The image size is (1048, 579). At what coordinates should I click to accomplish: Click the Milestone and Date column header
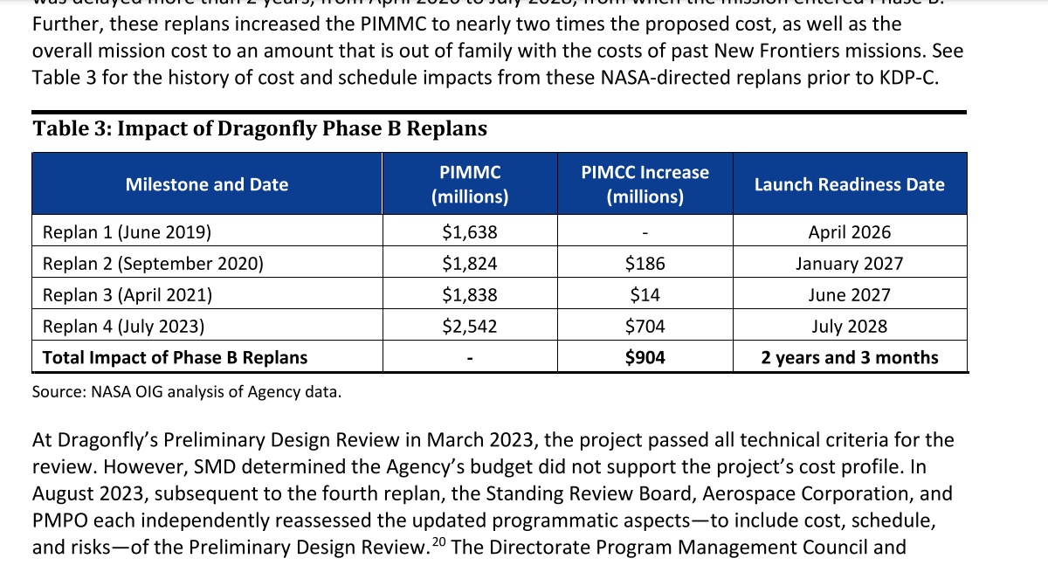(207, 184)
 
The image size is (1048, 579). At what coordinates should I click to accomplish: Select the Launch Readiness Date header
(849, 184)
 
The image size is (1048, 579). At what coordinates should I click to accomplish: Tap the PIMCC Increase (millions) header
(645, 184)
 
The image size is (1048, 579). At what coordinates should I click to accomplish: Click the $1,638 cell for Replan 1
(470, 232)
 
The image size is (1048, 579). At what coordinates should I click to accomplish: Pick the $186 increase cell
(645, 264)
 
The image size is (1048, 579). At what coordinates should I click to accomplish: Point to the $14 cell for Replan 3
(645, 295)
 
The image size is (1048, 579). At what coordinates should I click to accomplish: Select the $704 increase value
(645, 327)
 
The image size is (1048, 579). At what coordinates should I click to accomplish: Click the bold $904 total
(645, 357)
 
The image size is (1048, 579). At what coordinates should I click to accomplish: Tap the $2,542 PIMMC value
(470, 327)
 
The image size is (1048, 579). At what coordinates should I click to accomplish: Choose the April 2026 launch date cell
(849, 232)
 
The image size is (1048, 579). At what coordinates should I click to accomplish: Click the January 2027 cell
(849, 264)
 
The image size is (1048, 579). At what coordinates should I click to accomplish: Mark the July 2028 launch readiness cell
(849, 327)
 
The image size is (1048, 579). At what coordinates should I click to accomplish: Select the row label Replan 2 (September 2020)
(153, 264)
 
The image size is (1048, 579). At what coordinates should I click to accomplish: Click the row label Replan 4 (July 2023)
(123, 327)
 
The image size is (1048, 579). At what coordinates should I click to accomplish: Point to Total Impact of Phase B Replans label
(175, 357)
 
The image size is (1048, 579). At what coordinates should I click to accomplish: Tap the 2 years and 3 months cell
(849, 357)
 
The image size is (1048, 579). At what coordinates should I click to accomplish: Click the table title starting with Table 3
(259, 129)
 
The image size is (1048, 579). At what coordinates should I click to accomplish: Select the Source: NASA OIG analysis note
(186, 392)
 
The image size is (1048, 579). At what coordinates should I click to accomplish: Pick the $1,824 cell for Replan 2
(470, 264)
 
